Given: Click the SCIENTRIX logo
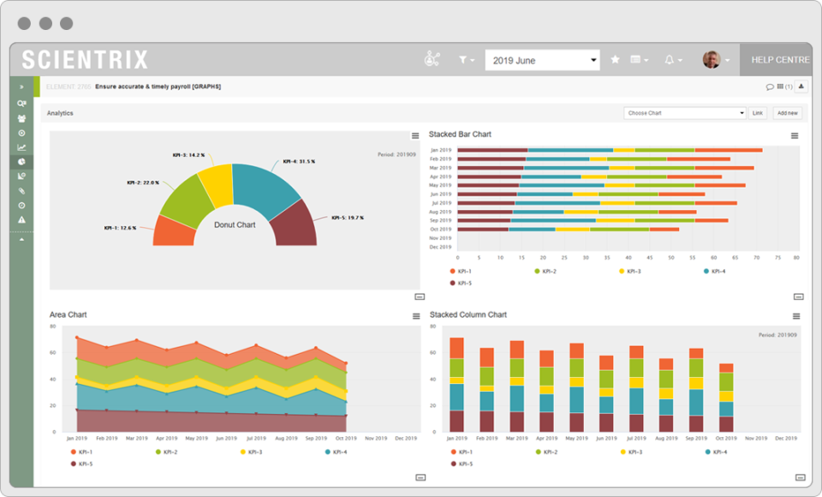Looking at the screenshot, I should point(85,60).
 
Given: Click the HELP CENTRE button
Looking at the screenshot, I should point(780,60).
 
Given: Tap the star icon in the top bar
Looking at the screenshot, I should point(615,60).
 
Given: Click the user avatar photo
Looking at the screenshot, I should point(711,59).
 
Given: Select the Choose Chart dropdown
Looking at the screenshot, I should point(686,113).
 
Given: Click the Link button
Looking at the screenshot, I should point(758,113).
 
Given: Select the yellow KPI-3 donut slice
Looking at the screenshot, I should point(216,185).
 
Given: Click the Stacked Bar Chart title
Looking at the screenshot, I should point(460,135).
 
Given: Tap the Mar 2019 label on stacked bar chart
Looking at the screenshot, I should point(440,168).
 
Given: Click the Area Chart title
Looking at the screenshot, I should point(68,315).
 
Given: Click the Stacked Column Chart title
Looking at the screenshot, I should point(468,315).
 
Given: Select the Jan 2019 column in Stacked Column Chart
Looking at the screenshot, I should point(456,384).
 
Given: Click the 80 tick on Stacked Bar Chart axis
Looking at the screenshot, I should point(796,257).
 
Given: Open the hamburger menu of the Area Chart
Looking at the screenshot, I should point(416,316).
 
